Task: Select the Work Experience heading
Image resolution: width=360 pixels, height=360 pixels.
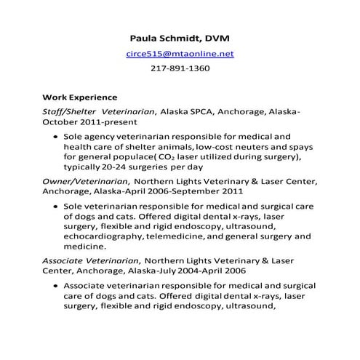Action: [80, 97]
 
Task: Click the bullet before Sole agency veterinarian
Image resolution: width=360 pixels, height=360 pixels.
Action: [56, 136]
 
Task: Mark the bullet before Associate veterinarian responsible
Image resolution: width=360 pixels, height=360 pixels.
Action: [56, 285]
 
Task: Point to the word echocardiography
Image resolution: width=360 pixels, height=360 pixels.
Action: [103, 236]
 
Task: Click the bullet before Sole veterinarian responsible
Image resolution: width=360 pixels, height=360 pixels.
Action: [56, 207]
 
